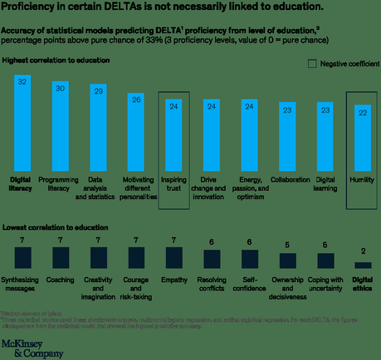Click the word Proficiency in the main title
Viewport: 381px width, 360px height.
[x=32, y=8]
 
